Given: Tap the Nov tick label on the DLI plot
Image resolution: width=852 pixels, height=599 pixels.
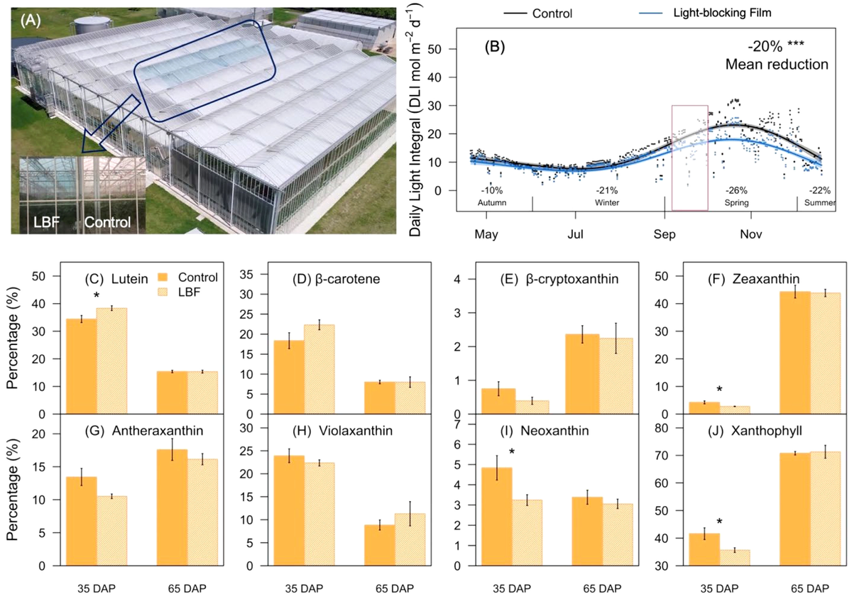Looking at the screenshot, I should (x=751, y=234).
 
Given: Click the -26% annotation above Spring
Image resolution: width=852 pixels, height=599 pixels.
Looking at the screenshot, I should (x=737, y=191).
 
